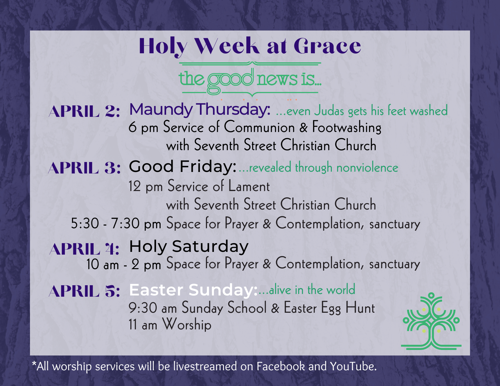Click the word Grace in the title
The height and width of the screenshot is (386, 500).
327,46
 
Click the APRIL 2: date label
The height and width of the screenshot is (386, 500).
85,111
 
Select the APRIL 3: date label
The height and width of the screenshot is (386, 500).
85,168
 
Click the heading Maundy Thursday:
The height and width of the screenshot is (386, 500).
200,110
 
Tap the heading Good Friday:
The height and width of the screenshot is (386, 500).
182,167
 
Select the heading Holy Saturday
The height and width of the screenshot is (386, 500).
188,246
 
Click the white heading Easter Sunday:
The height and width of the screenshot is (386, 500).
193,290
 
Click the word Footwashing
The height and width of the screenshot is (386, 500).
347,127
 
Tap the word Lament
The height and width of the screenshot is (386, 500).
249,186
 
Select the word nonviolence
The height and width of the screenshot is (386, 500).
367,168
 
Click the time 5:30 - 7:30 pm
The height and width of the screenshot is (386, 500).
116,224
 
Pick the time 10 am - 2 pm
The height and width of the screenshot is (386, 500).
123,265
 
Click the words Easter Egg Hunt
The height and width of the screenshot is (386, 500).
329,308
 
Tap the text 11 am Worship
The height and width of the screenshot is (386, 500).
170,325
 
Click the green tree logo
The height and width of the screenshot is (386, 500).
431,322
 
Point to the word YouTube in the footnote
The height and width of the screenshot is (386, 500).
353,366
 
